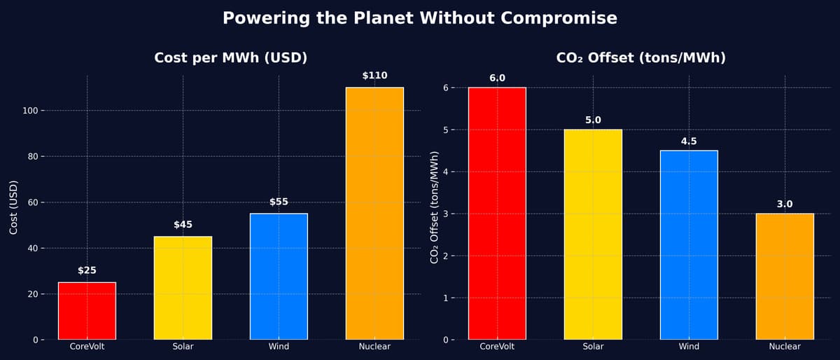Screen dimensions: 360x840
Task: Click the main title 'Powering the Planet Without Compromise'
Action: click(420, 18)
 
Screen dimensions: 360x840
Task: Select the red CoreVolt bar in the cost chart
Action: click(87, 311)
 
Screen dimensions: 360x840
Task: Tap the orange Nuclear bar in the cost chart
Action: click(374, 214)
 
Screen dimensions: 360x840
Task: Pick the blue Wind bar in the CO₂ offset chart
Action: click(689, 245)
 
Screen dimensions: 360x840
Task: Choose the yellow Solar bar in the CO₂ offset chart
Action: click(593, 235)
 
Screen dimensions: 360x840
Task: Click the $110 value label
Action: click(374, 76)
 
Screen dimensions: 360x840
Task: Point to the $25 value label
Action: click(87, 270)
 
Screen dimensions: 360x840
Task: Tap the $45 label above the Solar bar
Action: click(183, 225)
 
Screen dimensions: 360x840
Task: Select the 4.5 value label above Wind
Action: click(689, 141)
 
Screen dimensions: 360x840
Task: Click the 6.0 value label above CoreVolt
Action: click(497, 78)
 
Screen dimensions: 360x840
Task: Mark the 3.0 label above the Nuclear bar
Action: click(785, 205)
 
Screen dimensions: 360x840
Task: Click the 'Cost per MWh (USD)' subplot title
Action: click(231, 58)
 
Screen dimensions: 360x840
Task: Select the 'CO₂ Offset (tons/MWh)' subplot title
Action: click(640, 58)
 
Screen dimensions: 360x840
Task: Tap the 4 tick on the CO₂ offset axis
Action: click(444, 172)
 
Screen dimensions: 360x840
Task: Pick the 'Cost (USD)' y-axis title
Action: click(13, 207)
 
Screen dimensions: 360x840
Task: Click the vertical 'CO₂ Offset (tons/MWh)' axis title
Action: click(434, 207)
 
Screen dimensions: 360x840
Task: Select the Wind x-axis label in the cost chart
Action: click(279, 347)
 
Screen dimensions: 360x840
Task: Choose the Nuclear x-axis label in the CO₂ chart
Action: click(785, 347)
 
